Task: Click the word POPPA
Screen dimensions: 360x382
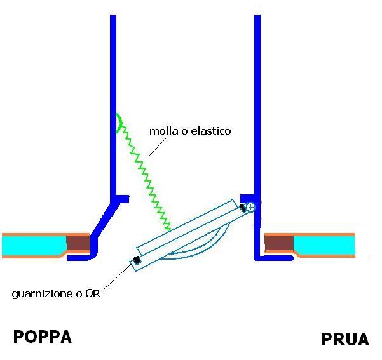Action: click(x=43, y=336)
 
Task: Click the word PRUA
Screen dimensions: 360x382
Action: click(x=345, y=339)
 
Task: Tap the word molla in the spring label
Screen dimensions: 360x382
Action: click(x=162, y=131)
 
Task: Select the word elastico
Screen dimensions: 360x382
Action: click(x=210, y=131)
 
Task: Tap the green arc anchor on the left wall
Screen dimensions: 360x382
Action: click(x=118, y=122)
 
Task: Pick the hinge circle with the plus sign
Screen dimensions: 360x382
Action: click(x=250, y=207)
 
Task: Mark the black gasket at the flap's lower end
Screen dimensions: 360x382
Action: click(x=136, y=260)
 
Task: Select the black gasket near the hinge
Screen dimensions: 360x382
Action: click(x=242, y=207)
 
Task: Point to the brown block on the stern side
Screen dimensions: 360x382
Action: click(x=78, y=243)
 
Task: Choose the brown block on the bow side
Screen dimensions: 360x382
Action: click(x=279, y=243)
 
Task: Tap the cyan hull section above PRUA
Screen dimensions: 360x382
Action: click(x=324, y=244)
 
